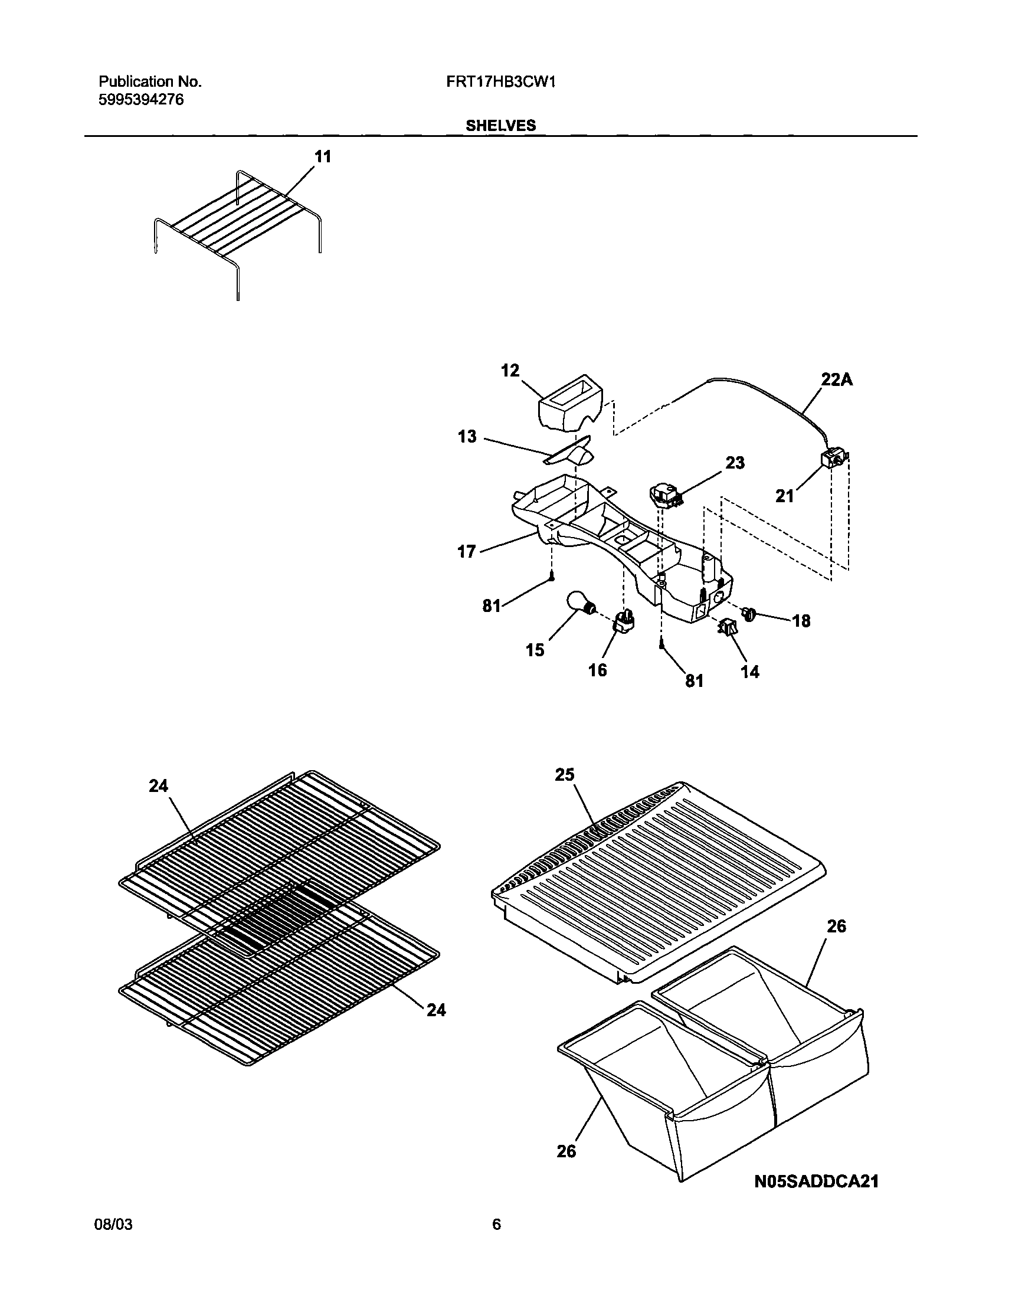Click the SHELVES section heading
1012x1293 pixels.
click(500, 126)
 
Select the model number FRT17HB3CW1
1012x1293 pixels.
click(500, 82)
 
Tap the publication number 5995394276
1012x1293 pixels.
click(140, 100)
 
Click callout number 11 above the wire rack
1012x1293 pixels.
click(322, 157)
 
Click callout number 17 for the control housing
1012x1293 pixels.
click(467, 552)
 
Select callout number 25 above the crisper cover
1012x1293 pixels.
click(565, 775)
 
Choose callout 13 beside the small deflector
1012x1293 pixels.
click(467, 437)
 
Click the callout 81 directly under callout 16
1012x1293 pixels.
click(694, 682)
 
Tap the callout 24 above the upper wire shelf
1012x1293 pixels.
click(158, 785)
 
